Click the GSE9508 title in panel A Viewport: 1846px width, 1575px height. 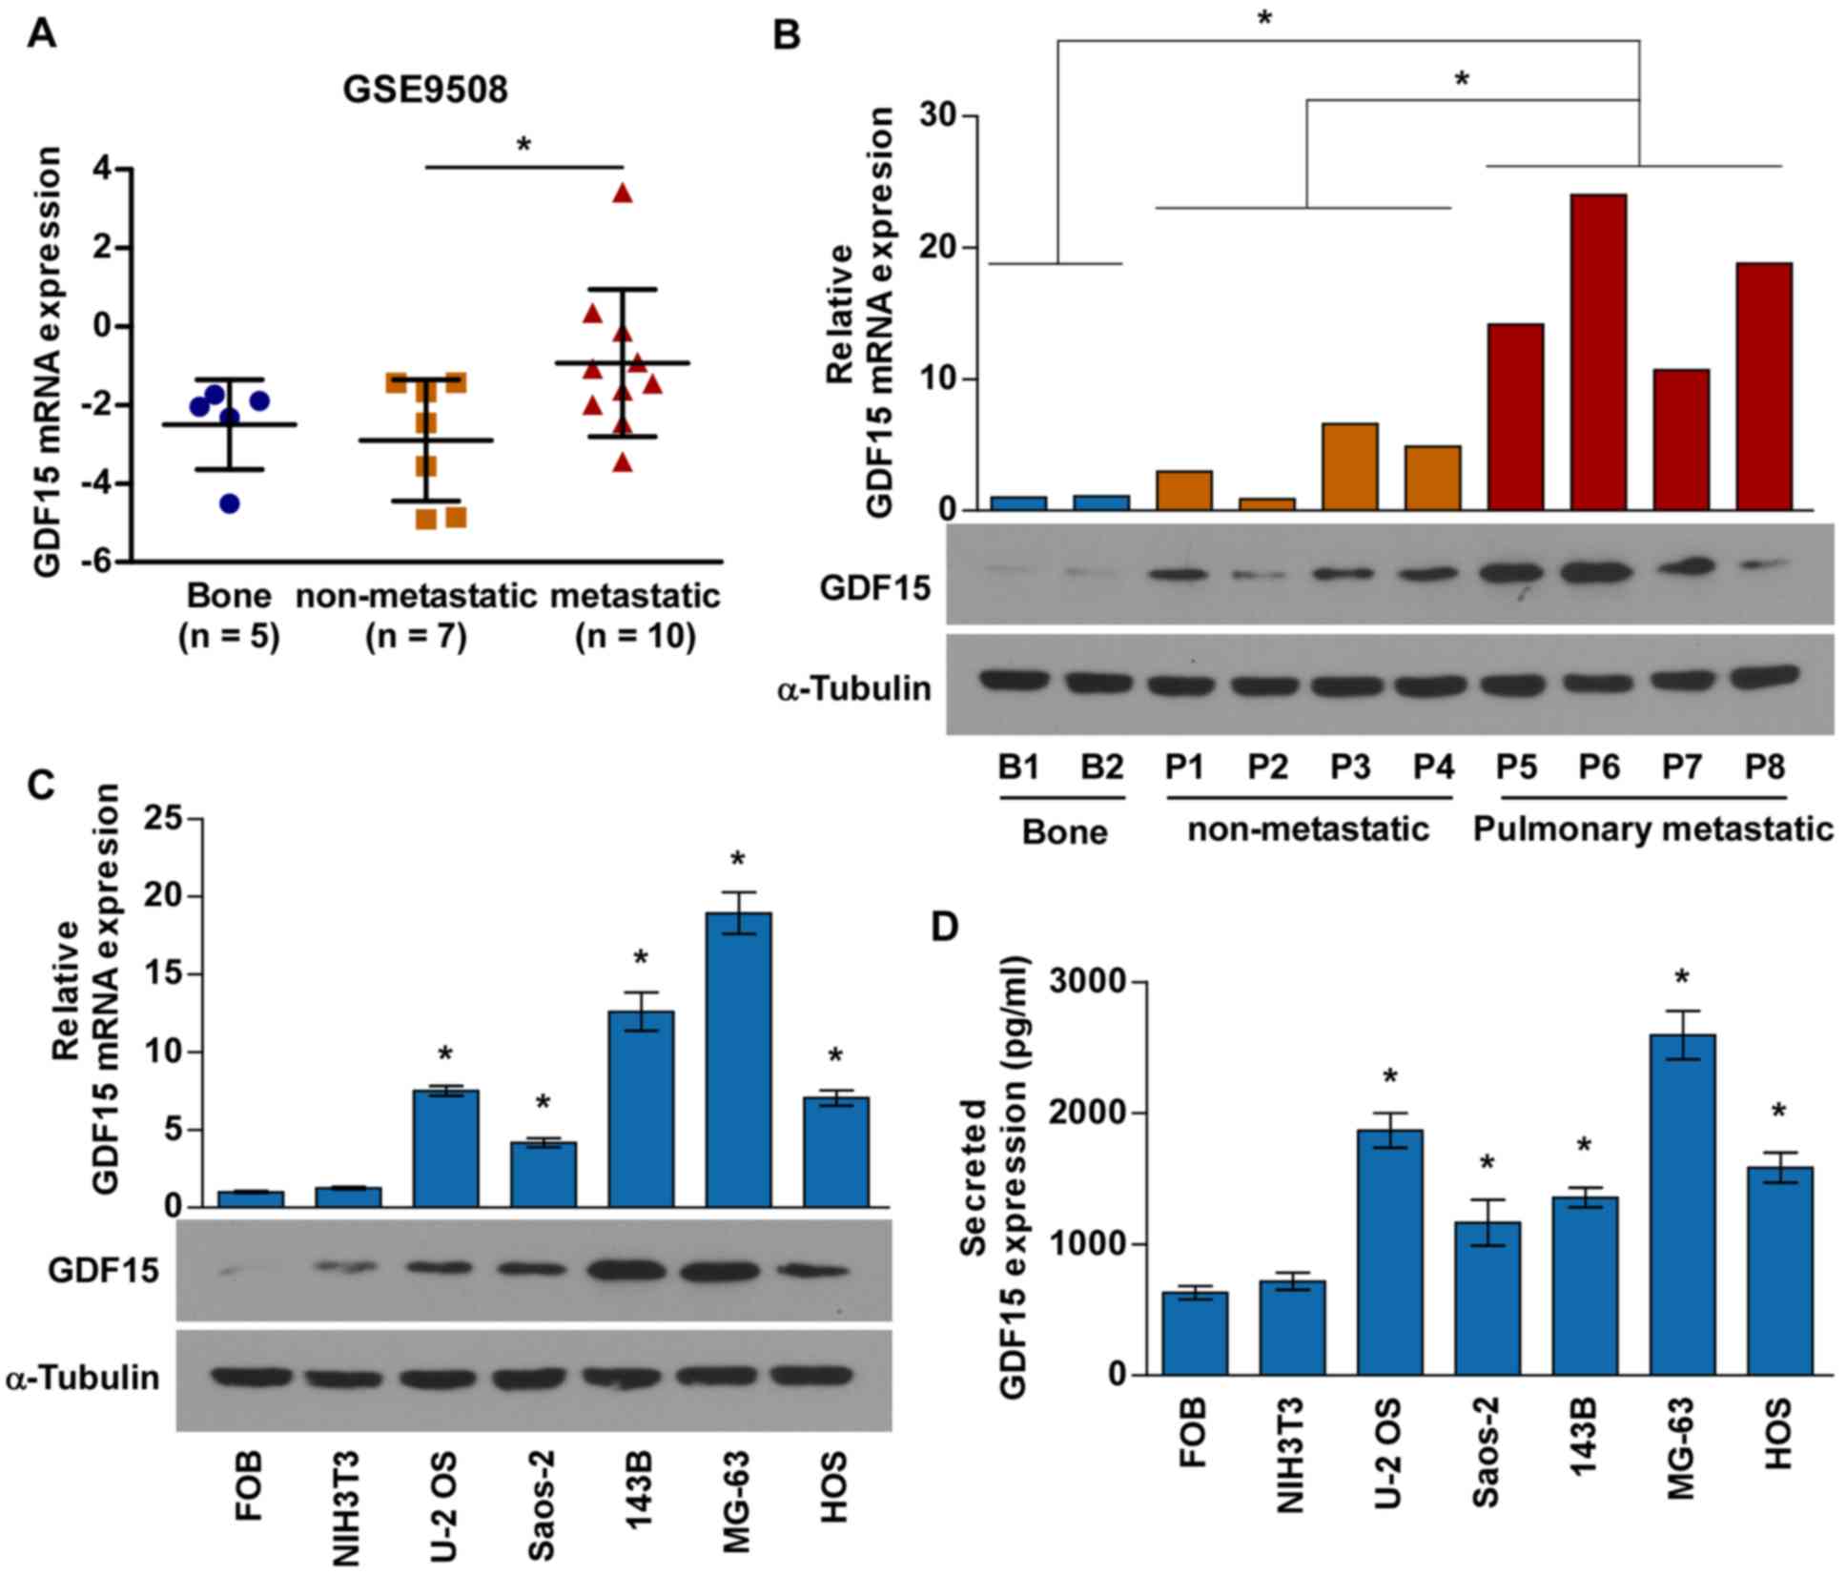[425, 90]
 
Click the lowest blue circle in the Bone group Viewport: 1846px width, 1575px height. [230, 503]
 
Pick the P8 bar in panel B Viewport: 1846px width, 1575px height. [1764, 386]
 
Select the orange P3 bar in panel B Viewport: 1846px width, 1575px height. [1349, 466]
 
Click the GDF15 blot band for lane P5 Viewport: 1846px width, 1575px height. [1515, 574]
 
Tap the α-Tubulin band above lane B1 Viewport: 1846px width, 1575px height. [1016, 681]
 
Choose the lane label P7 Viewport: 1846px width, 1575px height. [1681, 767]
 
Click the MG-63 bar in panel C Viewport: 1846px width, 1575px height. [738, 1059]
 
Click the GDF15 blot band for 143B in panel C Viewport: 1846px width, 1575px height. [640, 1271]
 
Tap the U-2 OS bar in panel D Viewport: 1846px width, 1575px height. [1389, 1252]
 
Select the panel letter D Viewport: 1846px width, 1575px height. [944, 927]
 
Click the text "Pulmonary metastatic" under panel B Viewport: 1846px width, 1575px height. [1652, 829]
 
